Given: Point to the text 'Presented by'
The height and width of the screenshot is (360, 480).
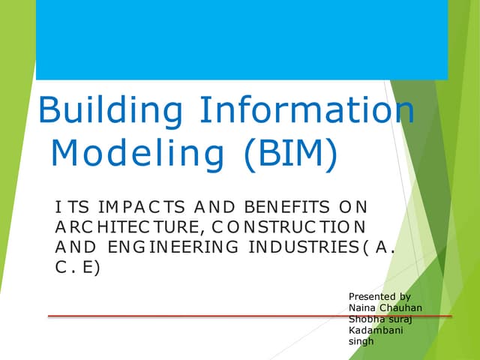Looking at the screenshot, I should [x=380, y=297].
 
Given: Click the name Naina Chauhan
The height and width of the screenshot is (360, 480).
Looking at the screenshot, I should [x=386, y=308].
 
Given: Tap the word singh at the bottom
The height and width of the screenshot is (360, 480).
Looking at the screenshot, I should [x=361, y=342].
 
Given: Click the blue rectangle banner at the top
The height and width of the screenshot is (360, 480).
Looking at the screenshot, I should [x=241, y=40].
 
